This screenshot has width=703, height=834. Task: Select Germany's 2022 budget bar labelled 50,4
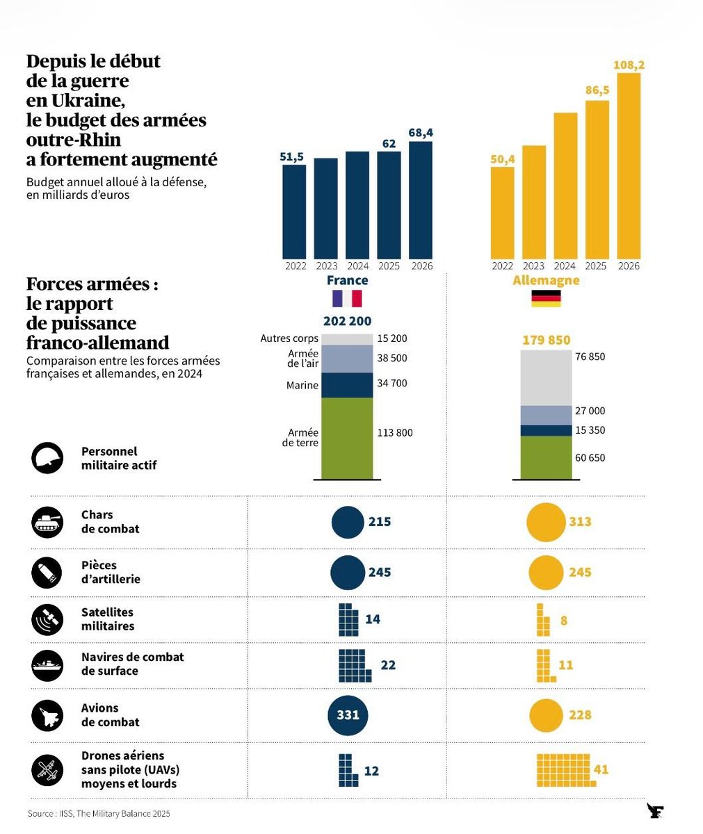pos(502,213)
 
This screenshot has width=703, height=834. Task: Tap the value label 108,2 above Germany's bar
pos(629,65)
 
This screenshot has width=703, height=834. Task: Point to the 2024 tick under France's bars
pos(357,266)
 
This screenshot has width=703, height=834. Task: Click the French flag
pos(347,299)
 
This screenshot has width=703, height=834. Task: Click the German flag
pos(546,299)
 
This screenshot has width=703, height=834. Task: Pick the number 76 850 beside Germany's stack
pos(590,357)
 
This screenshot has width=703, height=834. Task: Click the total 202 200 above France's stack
pos(347,321)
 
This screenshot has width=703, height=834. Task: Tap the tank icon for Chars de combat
pos(47,522)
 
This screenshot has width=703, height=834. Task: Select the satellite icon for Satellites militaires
pos(47,619)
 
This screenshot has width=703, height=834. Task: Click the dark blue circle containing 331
pos(348,714)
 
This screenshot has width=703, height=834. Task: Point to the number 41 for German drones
pos(601,769)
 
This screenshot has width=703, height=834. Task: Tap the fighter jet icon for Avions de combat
pos(47,715)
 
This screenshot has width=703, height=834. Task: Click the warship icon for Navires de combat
pos(47,665)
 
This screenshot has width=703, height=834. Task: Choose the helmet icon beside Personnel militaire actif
pos(47,459)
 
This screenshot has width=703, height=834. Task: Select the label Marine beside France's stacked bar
pos(302,385)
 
